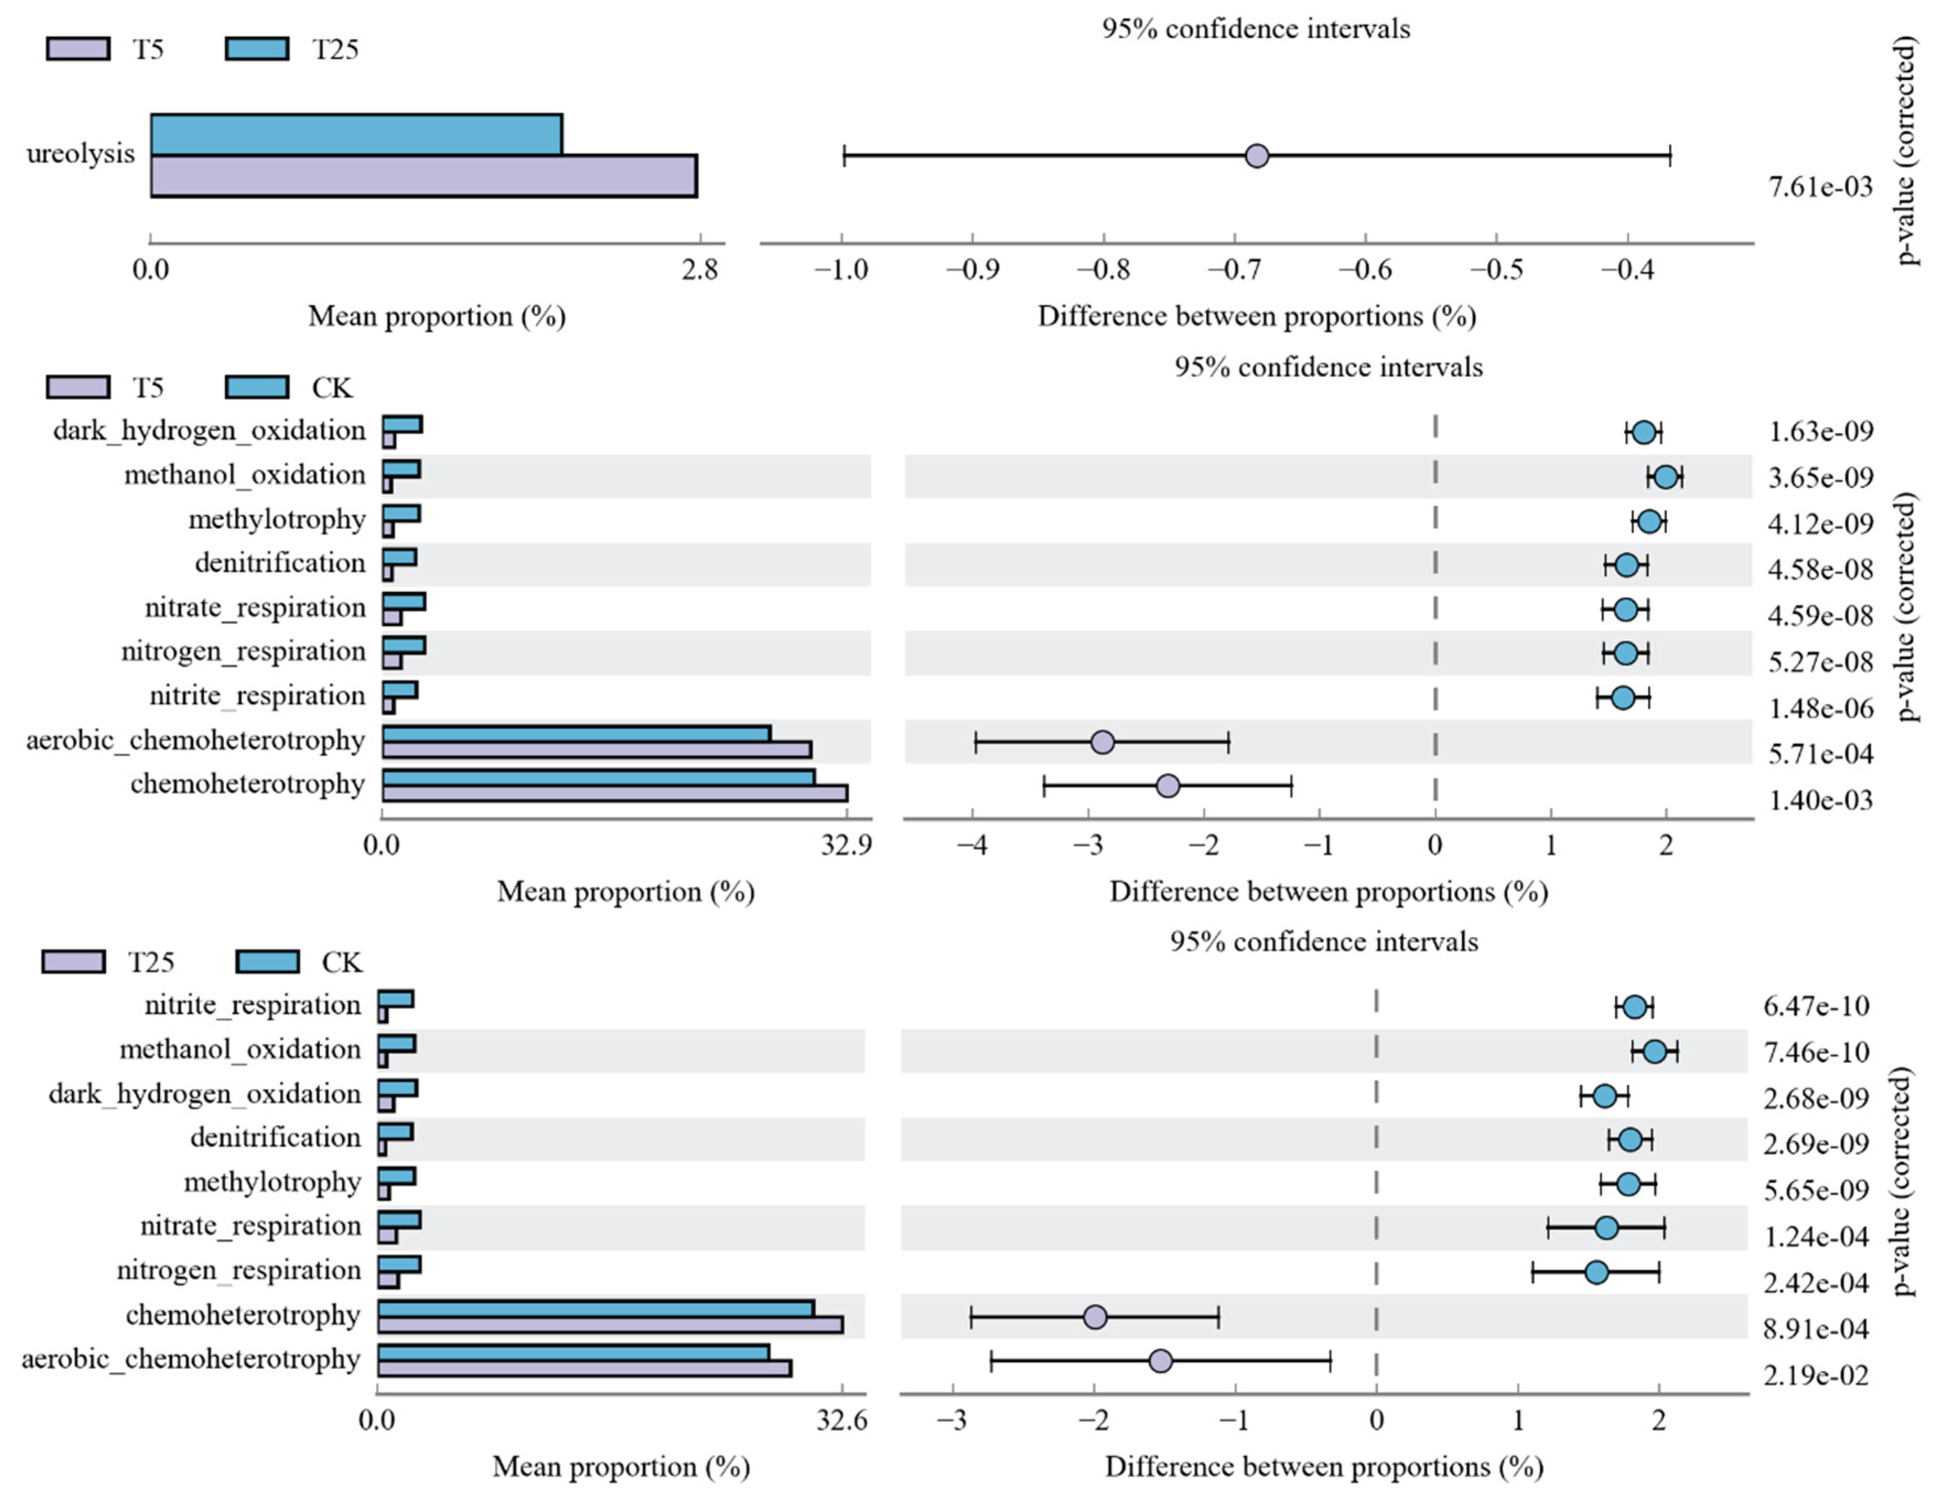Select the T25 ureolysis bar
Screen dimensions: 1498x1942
(x=355, y=135)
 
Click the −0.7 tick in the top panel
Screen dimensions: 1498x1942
(x=1235, y=269)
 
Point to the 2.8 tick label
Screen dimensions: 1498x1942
(x=700, y=269)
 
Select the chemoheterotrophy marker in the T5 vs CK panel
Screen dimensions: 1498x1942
(x=1168, y=786)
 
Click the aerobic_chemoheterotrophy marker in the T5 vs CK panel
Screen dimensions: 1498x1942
(x=1102, y=742)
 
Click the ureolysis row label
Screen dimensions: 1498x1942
(x=80, y=154)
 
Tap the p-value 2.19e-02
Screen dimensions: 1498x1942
(x=1816, y=1375)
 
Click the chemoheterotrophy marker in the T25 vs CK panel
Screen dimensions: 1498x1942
(x=1096, y=1317)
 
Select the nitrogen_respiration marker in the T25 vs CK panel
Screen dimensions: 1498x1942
(x=1597, y=1272)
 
